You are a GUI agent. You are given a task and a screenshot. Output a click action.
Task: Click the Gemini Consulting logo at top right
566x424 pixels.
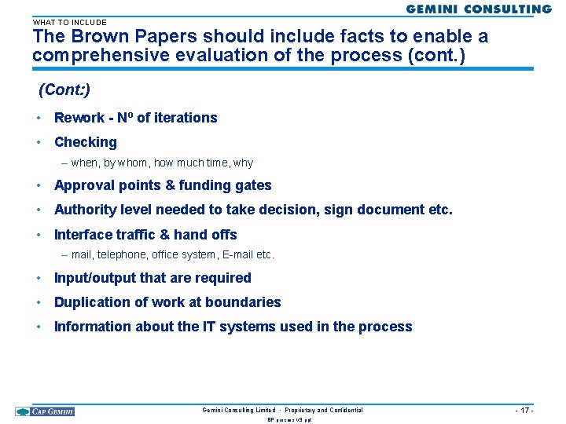479,9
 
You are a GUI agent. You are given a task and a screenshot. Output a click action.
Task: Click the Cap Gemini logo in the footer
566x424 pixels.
45,411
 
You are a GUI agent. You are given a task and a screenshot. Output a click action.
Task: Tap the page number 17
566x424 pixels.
524,411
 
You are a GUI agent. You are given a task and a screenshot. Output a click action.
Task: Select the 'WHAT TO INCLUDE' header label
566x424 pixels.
69,22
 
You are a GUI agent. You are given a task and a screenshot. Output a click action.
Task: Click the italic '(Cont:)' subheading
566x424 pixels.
64,90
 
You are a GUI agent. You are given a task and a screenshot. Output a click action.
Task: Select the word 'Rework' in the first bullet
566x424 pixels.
79,118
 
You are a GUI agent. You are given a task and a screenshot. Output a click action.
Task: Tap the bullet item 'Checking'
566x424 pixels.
85,142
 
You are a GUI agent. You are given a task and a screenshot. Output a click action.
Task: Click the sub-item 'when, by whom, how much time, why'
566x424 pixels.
162,163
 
